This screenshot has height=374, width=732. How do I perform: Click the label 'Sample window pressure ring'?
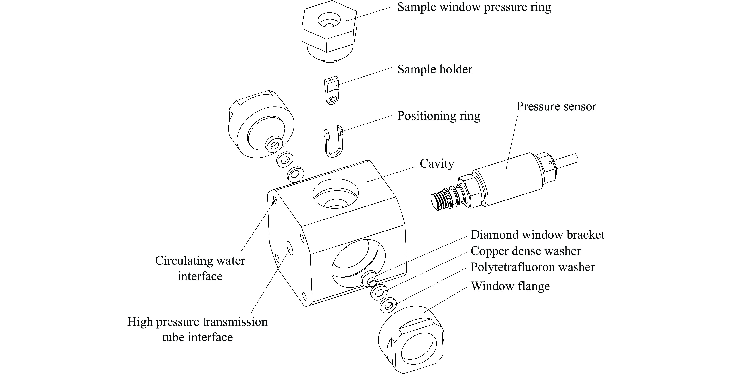point(474,7)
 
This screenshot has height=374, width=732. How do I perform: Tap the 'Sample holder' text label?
point(435,70)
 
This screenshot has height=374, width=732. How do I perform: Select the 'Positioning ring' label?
point(438,116)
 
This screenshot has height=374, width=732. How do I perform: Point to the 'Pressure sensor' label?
point(556,107)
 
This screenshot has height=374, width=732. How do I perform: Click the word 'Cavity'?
point(437,164)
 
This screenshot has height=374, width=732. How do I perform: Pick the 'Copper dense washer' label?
point(525,251)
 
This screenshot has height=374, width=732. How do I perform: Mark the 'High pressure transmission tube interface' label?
point(197,330)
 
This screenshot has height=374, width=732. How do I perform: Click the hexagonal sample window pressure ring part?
point(328,31)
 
